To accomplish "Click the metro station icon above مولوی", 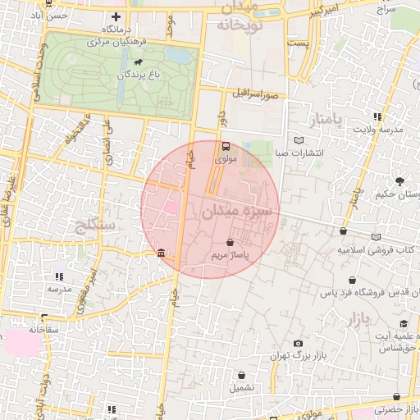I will click(226, 147).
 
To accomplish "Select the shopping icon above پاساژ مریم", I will click(230, 243).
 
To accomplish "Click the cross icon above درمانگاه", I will click(116, 16).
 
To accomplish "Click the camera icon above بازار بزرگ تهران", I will click(297, 343).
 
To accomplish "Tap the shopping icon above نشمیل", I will click(242, 373).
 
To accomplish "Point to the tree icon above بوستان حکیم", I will click(399, 180).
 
